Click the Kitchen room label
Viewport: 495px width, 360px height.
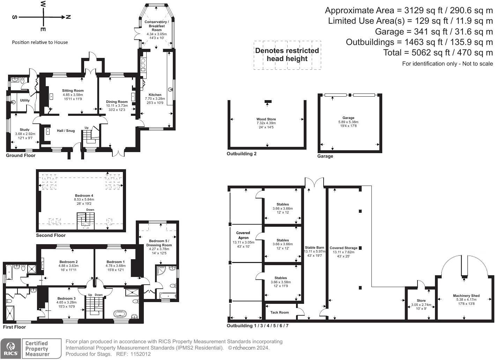[x=155, y=95]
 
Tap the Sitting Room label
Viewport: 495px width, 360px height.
[x=73, y=91]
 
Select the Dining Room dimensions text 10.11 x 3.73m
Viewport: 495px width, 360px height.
[x=117, y=106]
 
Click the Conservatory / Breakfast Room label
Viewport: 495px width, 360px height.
[x=157, y=26]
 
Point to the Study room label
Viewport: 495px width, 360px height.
[x=24, y=130]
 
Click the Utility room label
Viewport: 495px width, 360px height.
[x=25, y=100]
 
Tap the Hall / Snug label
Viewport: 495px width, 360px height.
[x=66, y=131]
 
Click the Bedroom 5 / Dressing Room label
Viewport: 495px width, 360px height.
[x=159, y=243]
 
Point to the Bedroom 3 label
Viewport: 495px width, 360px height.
[x=66, y=299]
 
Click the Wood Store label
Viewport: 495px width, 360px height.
[x=266, y=119]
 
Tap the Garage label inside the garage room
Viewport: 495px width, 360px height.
[x=348, y=118]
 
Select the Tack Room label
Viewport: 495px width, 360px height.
[x=280, y=313]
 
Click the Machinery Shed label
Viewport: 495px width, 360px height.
[x=466, y=296]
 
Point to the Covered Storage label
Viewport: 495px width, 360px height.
[x=343, y=248]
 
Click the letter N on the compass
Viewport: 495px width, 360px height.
[x=68, y=17]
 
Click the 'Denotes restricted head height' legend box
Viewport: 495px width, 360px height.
[x=287, y=55]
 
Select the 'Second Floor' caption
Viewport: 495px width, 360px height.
[x=51, y=235]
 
